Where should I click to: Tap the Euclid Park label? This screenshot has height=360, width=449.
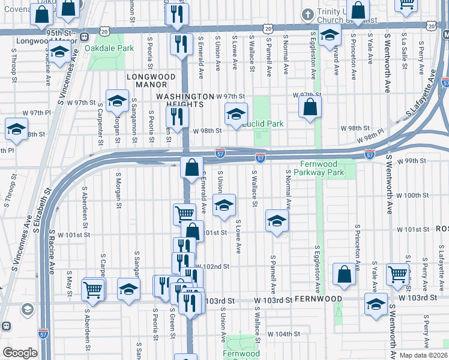point(262,124)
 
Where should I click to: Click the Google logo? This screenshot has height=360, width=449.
point(19,353)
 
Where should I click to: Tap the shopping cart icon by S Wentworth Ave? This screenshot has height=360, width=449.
point(397,274)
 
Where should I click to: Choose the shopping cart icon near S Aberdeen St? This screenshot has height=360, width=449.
point(94,289)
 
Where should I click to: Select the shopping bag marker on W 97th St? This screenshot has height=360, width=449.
point(310,108)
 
